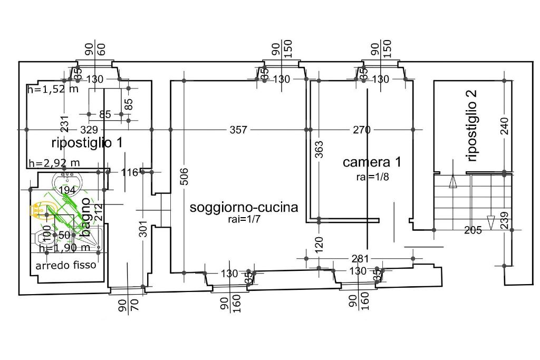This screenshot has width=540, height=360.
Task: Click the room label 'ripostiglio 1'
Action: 88,142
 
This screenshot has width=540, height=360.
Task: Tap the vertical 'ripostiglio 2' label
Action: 472,125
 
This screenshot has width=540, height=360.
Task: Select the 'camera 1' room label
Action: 372,162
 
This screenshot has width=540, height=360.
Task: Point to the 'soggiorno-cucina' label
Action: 244,207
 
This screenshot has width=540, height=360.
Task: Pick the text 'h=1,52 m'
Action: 53,89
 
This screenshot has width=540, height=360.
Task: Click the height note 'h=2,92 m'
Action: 54,163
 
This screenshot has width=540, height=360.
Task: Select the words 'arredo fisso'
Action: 66,265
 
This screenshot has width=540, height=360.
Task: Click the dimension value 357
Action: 238,130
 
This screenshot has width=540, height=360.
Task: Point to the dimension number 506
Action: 184,177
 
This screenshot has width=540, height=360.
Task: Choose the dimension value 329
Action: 89,130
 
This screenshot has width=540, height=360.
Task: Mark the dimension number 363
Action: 319,149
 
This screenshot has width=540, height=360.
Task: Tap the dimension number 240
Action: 505,126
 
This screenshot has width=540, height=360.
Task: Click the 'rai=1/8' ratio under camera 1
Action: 372,177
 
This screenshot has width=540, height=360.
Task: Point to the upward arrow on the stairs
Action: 452,182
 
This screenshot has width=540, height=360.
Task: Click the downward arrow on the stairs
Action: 490,222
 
